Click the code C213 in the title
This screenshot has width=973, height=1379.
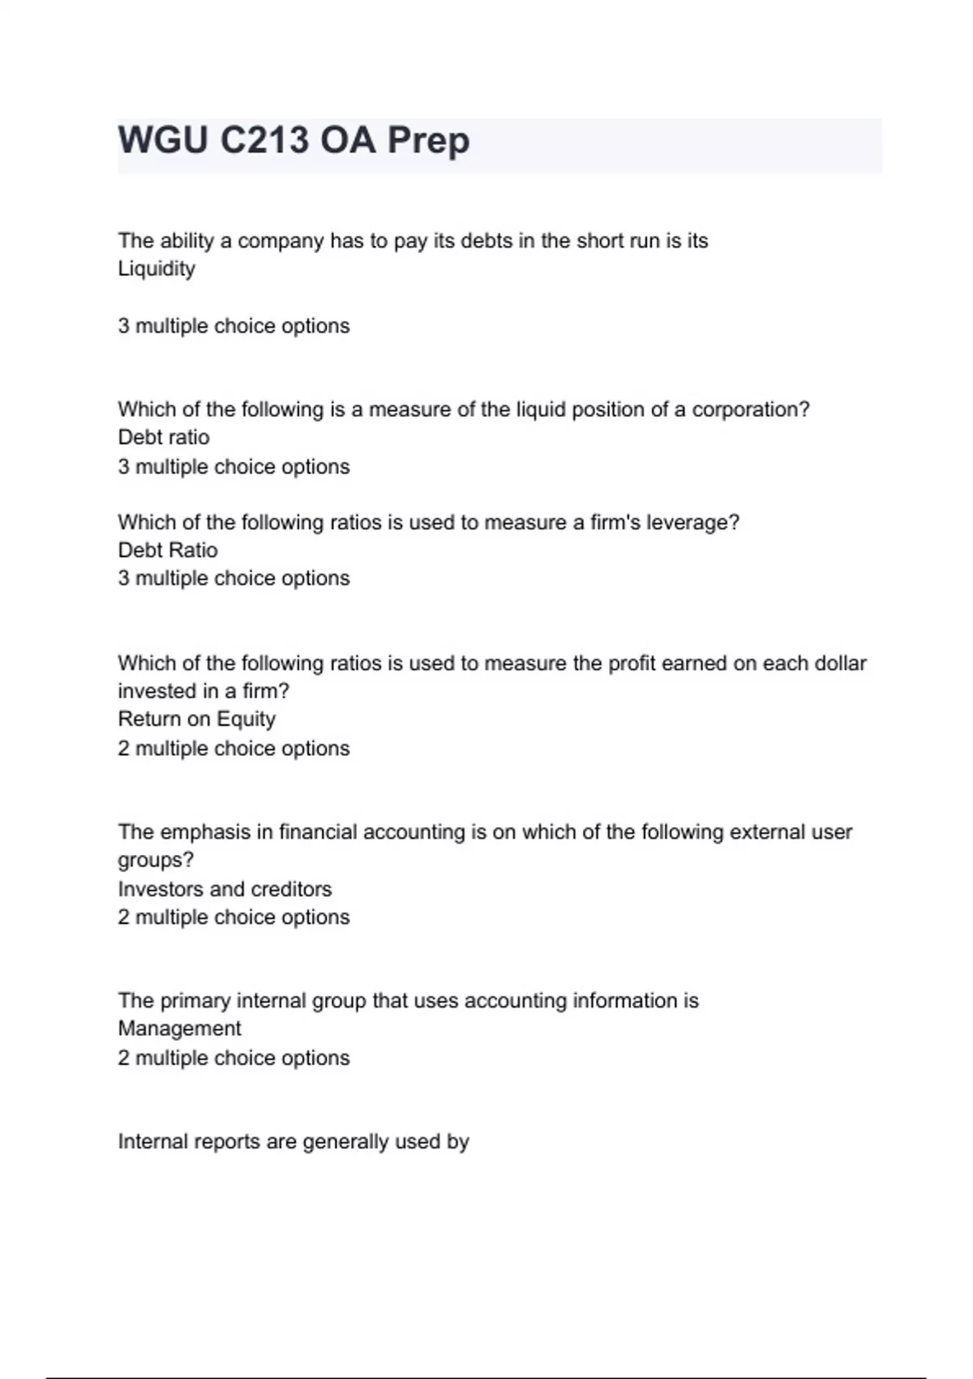[x=264, y=140]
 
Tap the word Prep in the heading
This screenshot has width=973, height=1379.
[x=428, y=140]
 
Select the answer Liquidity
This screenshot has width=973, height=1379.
[x=156, y=268]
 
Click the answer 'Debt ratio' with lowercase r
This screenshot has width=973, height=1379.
[x=164, y=437]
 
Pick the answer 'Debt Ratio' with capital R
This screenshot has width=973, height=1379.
[x=168, y=550]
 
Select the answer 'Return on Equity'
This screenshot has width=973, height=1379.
[x=197, y=720]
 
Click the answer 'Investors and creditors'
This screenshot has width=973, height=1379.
[x=225, y=889]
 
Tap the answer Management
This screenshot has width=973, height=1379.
[x=179, y=1029]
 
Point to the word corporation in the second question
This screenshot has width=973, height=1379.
[x=750, y=410]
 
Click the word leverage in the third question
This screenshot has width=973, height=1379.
[x=692, y=522]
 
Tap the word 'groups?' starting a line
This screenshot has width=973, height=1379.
[x=156, y=860]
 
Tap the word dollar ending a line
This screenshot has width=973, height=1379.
[x=840, y=664]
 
